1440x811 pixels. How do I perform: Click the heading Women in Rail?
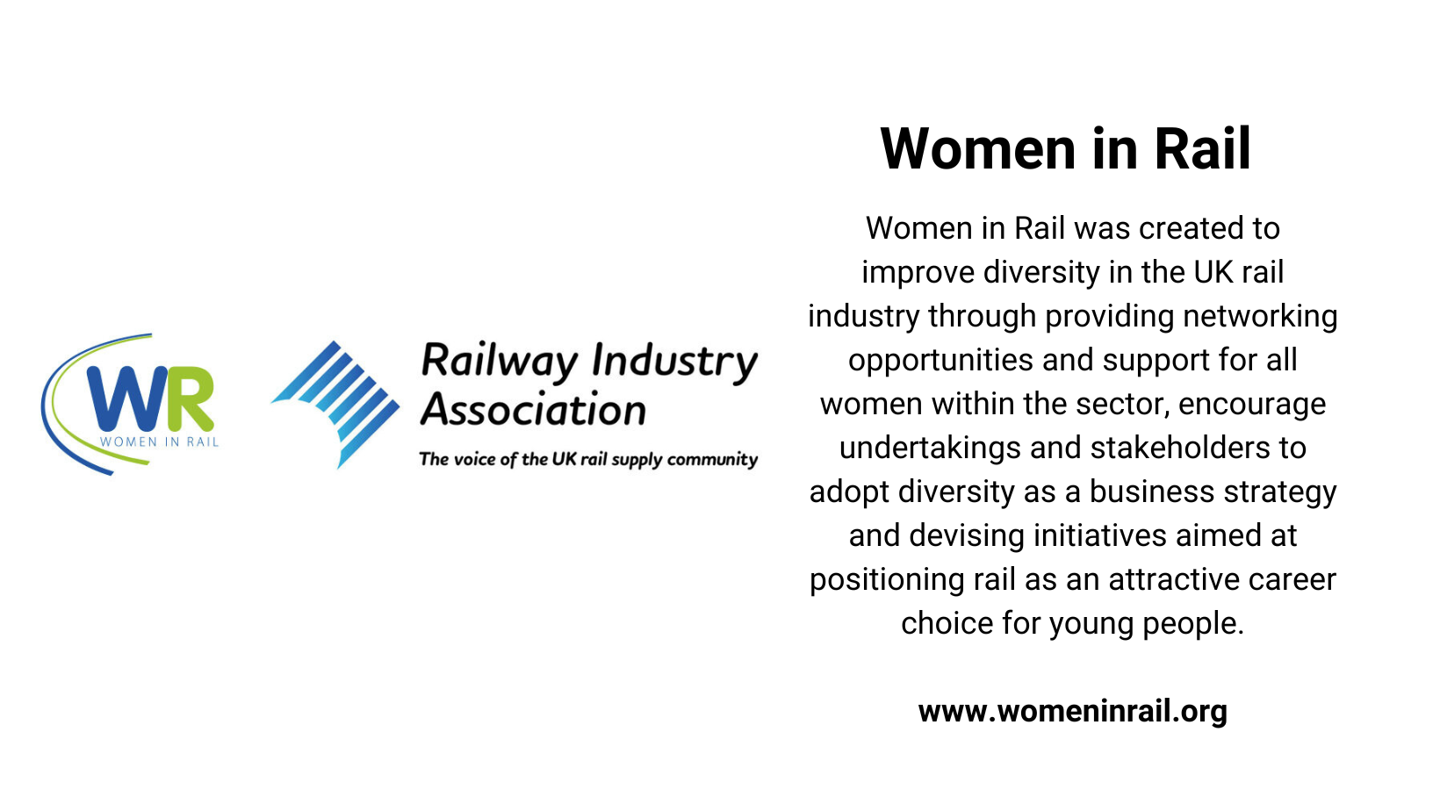[1065, 149]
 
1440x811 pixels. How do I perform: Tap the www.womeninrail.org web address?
[1072, 711]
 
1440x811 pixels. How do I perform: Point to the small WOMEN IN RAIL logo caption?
[159, 441]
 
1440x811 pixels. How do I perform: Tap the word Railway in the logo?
[500, 362]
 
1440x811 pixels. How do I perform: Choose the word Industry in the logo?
[674, 362]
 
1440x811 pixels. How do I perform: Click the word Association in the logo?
[533, 410]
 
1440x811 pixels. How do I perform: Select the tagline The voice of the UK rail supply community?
[588, 459]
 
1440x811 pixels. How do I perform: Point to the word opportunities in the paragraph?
[927, 361]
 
